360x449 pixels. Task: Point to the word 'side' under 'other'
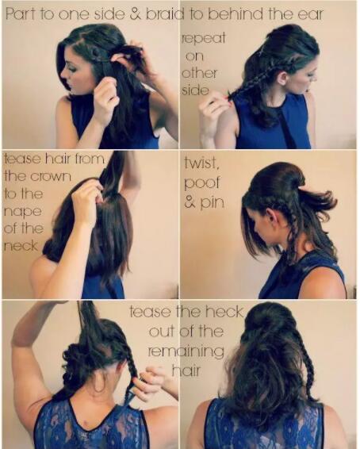(x=195, y=90)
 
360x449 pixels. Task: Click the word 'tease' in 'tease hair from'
(x=22, y=159)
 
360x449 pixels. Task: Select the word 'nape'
(x=23, y=212)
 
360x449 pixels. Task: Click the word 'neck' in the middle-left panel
(x=21, y=246)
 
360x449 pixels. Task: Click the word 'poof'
(x=201, y=183)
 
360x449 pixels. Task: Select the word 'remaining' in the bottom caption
(x=186, y=351)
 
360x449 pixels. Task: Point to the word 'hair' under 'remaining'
(x=186, y=370)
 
